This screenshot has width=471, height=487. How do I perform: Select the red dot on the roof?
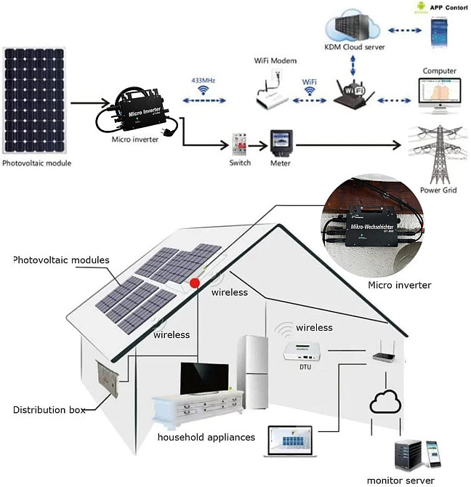pos(195,283)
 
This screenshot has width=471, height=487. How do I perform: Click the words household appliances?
pos(206,437)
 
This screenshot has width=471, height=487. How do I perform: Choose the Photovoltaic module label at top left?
pos(37,163)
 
